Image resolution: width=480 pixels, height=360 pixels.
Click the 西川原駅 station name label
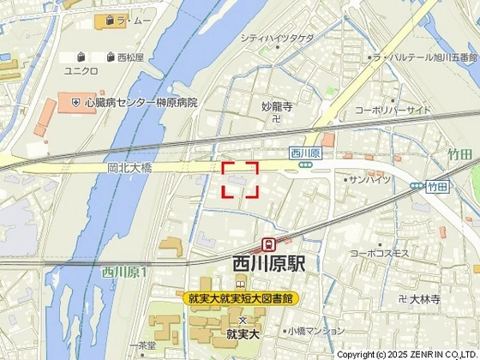pyautogui.click(x=269, y=265)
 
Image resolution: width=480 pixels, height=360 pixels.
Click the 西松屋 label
pyautogui.click(x=130, y=58)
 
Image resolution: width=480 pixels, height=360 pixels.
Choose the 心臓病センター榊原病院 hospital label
pyautogui.click(x=141, y=102)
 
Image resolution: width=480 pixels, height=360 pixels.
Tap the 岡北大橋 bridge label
pyautogui.click(x=129, y=169)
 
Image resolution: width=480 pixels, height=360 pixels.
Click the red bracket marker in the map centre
pyautogui.click(x=241, y=180)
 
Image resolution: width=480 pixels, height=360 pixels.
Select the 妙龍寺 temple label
pyautogui.click(x=277, y=107)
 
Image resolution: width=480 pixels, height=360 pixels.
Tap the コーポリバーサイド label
pyautogui.click(x=393, y=111)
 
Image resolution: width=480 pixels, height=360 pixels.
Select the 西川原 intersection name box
pyautogui.click(x=305, y=153)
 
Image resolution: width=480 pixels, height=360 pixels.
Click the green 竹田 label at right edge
pyautogui.click(x=460, y=154)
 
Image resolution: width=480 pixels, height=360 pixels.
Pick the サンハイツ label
pyautogui.click(x=371, y=179)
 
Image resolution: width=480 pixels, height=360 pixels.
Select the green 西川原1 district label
pyautogui.click(x=125, y=272)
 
